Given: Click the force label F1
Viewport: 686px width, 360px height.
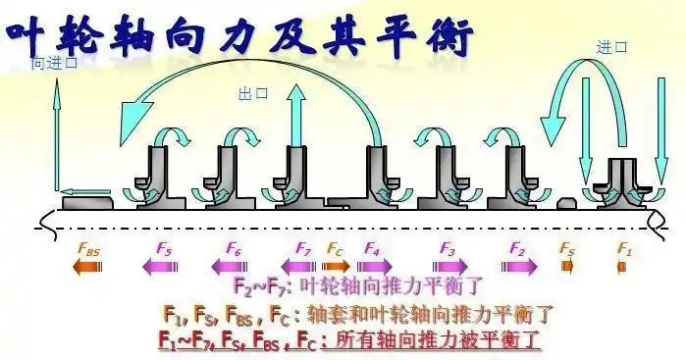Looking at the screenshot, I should tap(624, 248).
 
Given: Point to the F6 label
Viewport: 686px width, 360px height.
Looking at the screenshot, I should tap(234, 248).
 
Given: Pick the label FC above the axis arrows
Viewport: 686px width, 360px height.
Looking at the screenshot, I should tap(335, 248).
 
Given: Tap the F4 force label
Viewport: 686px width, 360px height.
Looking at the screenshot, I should tap(371, 248).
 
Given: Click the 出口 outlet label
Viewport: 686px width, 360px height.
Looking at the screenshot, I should tap(253, 94).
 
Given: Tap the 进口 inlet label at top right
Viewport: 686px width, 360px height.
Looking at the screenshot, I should tap(611, 46).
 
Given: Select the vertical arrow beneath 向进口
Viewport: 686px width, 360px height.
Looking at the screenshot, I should tap(56, 128).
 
